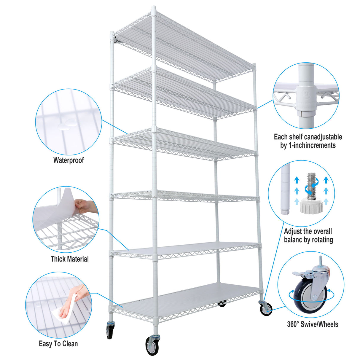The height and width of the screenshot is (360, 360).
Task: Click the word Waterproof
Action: point(69,160)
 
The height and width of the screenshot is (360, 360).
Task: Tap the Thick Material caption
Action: point(69,259)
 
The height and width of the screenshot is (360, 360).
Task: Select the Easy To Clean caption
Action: point(58,344)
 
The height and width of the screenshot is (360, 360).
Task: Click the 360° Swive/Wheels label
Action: point(312,324)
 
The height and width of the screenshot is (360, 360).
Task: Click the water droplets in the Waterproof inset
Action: point(67,125)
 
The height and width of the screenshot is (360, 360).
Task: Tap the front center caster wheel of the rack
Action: point(152,345)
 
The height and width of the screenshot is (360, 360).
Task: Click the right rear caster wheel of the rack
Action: point(266,309)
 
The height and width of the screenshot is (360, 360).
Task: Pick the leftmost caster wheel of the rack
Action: point(109,331)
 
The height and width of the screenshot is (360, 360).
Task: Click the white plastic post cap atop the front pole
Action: point(154,10)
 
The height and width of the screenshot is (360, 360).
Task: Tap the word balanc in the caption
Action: point(293,240)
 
